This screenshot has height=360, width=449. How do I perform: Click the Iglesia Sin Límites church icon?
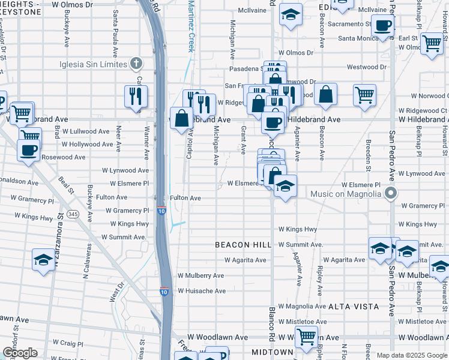pyautogui.click(x=137, y=63)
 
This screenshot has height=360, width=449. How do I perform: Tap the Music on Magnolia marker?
pyautogui.click(x=391, y=193)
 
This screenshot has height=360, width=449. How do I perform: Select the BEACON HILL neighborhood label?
pyautogui.click(x=243, y=245)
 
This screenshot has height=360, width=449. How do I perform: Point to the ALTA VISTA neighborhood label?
pyautogui.click(x=354, y=307)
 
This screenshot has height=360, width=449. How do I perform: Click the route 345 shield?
pyautogui.click(x=73, y=214)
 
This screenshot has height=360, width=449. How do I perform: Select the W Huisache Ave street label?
pyautogui.click(x=201, y=291)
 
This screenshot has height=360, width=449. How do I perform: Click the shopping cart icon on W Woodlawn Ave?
pyautogui.click(x=306, y=337)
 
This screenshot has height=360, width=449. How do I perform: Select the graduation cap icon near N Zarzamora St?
pyautogui.click(x=43, y=260)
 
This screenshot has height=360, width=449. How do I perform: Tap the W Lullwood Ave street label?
pyautogui.click(x=86, y=131)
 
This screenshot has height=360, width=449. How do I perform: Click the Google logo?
pyautogui.click(x=20, y=353)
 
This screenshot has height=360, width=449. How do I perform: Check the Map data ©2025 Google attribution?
pyautogui.click(x=412, y=355)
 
